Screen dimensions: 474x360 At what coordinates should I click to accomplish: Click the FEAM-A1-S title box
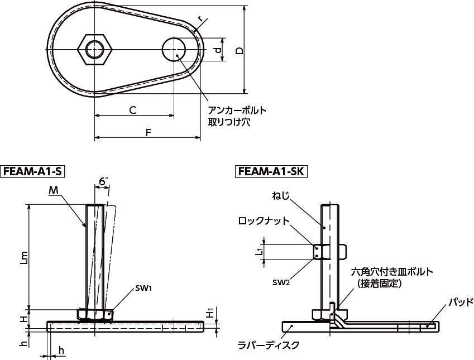[32, 171]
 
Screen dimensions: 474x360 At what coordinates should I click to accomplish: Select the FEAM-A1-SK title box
[271, 171]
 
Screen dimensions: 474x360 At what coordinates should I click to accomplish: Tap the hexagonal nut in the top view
[94, 49]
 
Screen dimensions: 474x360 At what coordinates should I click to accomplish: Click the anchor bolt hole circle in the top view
[174, 49]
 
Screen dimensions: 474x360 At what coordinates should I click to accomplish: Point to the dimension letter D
[239, 50]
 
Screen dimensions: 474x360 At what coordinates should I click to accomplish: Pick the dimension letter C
[132, 110]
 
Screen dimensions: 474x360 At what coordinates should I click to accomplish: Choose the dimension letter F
[148, 133]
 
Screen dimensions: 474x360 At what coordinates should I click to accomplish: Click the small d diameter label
[218, 50]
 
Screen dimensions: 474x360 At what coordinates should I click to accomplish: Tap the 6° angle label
[103, 181]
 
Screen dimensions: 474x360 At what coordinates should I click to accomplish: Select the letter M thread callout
[54, 190]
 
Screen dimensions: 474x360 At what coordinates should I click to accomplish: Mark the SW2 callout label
[281, 282]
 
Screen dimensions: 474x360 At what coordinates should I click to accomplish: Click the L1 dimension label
[258, 251]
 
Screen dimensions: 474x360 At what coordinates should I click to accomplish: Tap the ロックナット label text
[264, 221]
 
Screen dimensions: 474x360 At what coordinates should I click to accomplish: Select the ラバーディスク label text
[269, 345]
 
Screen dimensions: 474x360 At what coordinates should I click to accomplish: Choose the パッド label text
[461, 301]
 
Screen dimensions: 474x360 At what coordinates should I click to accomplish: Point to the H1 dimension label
[210, 313]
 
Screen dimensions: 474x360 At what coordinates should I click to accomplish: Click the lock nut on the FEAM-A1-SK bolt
[330, 252]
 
